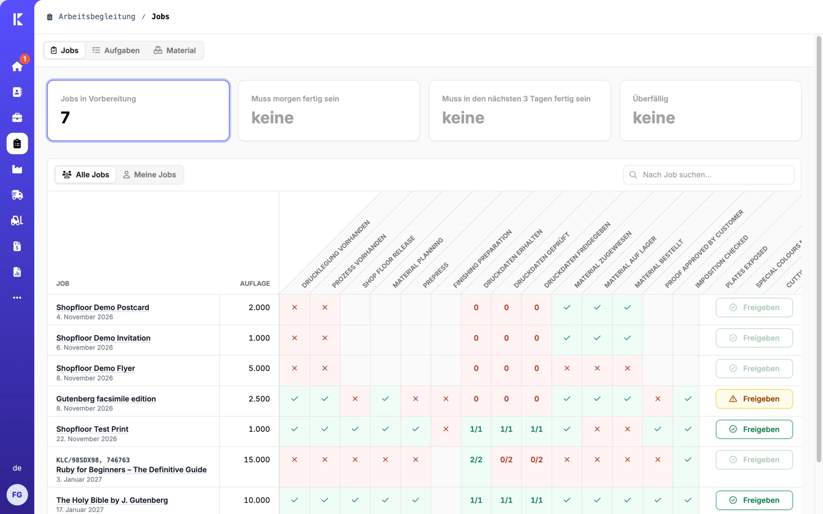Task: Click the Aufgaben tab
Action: (x=116, y=51)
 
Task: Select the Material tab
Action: (x=174, y=51)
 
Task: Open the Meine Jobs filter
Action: (x=150, y=175)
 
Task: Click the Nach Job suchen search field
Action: (x=709, y=175)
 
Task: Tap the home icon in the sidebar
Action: (x=17, y=66)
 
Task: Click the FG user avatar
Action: (x=17, y=495)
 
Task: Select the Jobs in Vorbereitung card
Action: (x=138, y=111)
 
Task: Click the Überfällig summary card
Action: (x=710, y=111)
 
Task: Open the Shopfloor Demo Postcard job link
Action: (x=103, y=308)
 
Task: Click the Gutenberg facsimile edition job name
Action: (x=106, y=399)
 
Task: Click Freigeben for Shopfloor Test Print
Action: (x=754, y=429)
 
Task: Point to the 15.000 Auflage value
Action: (x=257, y=460)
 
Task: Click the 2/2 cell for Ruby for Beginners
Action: (x=476, y=460)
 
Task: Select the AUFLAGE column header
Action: (x=255, y=284)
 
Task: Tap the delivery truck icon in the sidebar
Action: (x=17, y=195)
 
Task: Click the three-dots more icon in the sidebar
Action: (x=17, y=298)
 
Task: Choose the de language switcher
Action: (x=17, y=468)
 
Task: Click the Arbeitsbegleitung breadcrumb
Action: (x=96, y=17)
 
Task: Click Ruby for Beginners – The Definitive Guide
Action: (x=131, y=470)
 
